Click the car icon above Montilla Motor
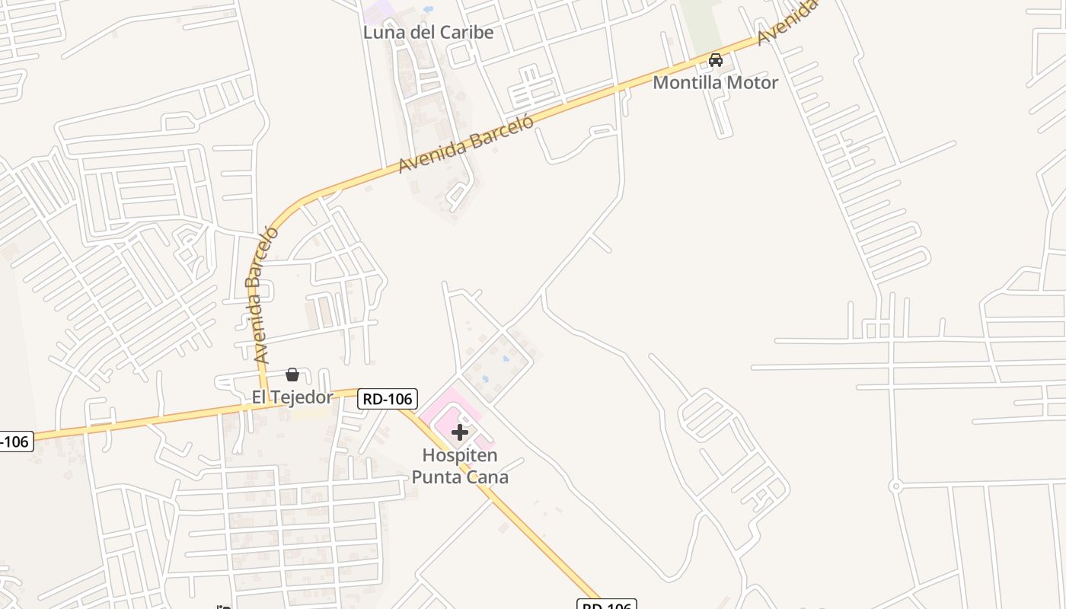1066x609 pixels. point(716,60)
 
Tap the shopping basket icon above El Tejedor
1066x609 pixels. point(292,375)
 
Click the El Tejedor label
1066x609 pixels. point(292,397)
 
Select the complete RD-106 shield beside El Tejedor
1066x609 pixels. point(388,399)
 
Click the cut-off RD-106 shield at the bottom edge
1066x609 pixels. point(606,604)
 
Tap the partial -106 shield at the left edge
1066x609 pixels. point(15,441)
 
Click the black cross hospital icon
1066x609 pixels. point(460,432)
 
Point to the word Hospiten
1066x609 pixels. point(460,456)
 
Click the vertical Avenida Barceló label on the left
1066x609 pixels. point(260,293)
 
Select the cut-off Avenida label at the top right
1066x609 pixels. point(787,21)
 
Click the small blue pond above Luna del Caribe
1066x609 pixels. point(428,10)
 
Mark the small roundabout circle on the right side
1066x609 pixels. point(896,485)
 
